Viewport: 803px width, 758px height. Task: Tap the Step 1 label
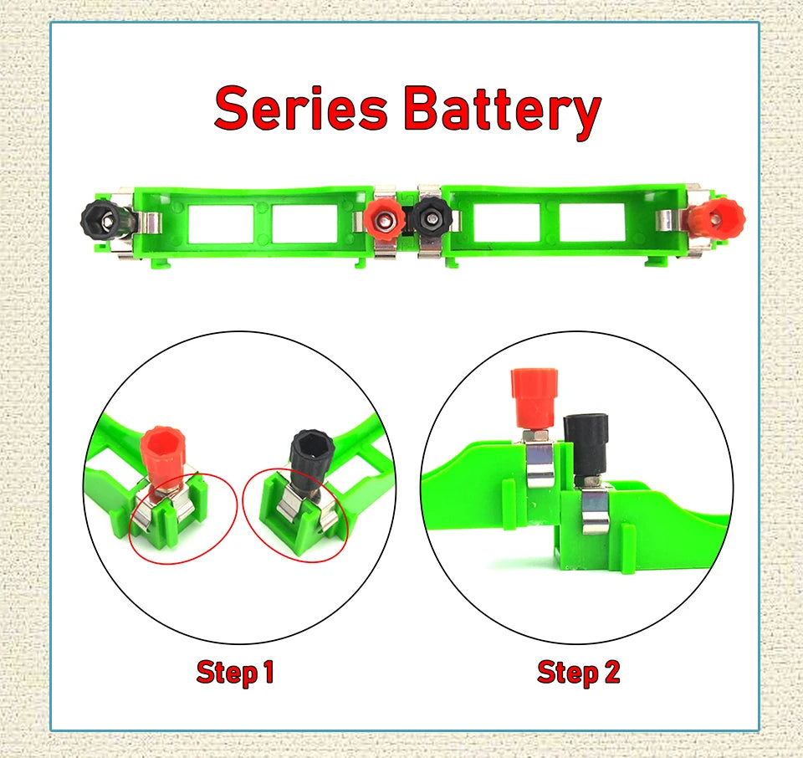tap(235, 672)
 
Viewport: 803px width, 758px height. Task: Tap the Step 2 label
tap(578, 672)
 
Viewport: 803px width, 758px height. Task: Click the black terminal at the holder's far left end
tap(104, 222)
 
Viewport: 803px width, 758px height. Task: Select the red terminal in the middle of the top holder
tap(386, 221)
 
